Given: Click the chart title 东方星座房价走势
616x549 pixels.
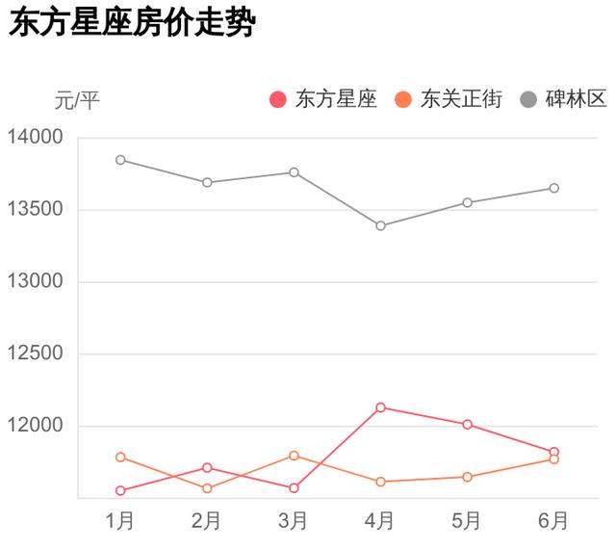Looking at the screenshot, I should pos(131,24).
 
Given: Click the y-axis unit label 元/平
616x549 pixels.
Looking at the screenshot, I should pos(77,99).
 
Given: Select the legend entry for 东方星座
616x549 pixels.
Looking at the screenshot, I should pos(323,99).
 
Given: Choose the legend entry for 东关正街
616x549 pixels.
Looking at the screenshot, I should pos(449,99).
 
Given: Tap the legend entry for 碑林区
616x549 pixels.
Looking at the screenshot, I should pos(563,99).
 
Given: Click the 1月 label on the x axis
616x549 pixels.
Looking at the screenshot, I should pos(120,521).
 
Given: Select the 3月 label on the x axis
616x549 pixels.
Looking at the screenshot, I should pos(294,521).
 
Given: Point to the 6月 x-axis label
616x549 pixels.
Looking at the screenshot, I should pos(553,521).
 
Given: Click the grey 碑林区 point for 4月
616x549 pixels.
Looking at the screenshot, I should pos(381,225).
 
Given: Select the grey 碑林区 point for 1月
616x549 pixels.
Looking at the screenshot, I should pos(120,160).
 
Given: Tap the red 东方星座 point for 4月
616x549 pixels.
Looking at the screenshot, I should pos(381,407).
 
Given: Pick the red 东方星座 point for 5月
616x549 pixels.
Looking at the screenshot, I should pos(468,425).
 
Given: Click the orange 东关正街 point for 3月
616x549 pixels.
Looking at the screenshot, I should pos(295,456).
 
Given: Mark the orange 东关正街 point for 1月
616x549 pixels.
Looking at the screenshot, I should pos(120,457).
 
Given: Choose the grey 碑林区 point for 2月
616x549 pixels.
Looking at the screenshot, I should pos(208,182).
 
